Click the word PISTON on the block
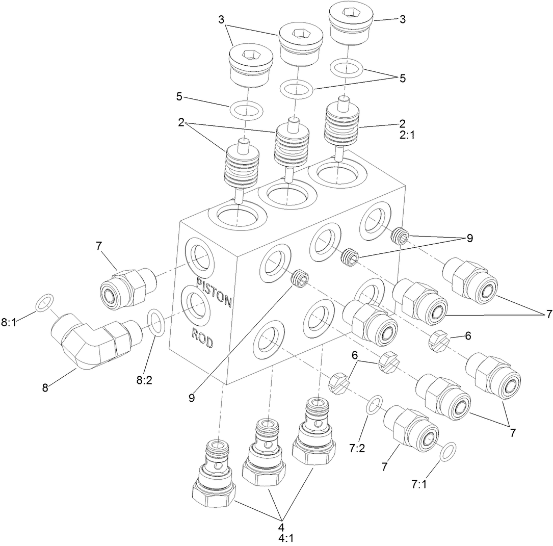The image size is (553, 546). (215, 291)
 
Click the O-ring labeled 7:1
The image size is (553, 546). (447, 451)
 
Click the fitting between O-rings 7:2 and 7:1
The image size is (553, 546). (411, 428)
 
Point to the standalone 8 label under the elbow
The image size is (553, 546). (45, 387)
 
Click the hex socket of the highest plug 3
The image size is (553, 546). (349, 11)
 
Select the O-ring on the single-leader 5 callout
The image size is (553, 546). (246, 109)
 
